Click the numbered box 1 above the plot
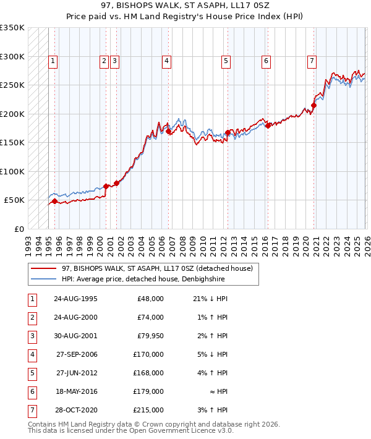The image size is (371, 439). click(x=53, y=61)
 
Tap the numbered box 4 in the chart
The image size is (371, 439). click(x=167, y=61)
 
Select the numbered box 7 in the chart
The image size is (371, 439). click(x=311, y=61)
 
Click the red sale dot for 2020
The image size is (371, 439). click(x=314, y=106)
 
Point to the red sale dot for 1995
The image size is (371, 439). click(x=54, y=201)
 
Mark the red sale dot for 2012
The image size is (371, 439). click(x=228, y=132)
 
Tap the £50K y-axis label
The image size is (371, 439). click(x=14, y=200)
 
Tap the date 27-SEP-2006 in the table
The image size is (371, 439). click(x=75, y=355)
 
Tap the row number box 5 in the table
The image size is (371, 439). click(x=31, y=373)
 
